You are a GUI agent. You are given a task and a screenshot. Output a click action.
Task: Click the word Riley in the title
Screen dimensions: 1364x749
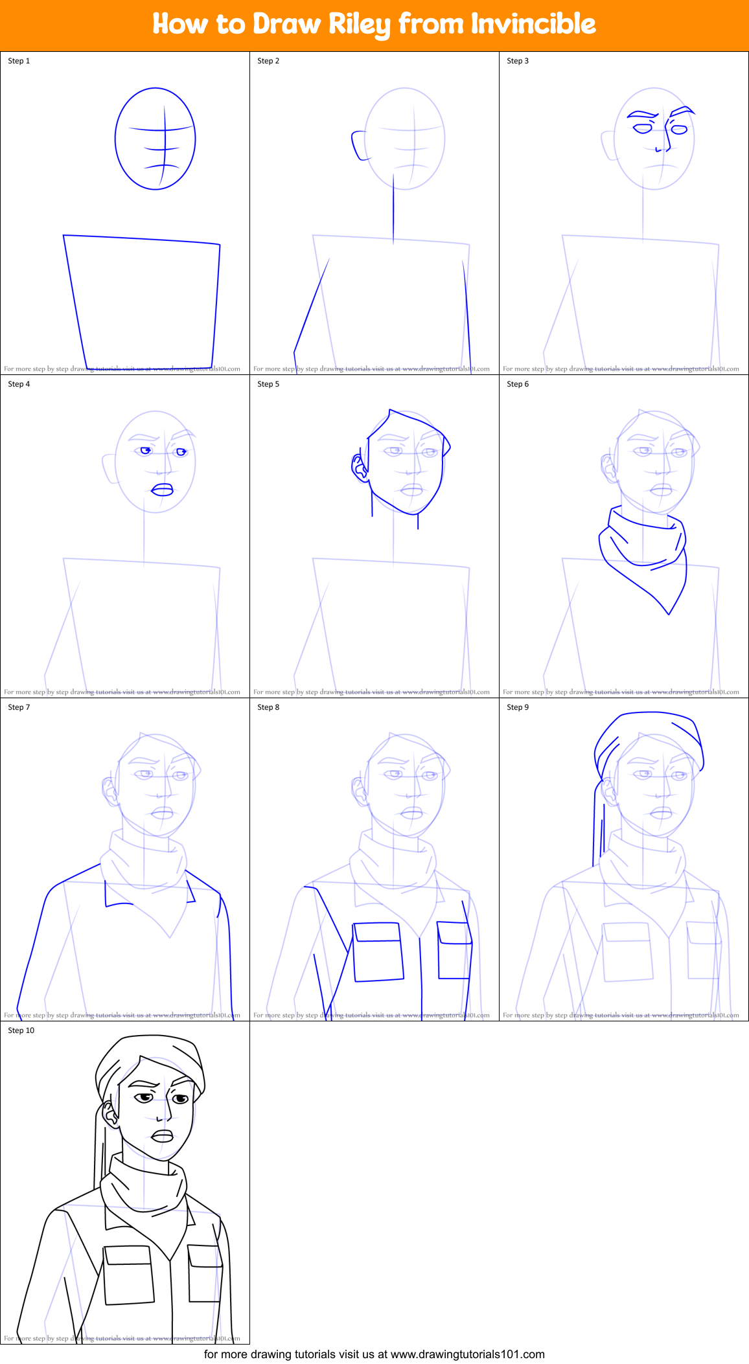pyautogui.click(x=359, y=25)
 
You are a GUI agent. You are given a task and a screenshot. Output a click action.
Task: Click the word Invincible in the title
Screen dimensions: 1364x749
pyautogui.click(x=533, y=24)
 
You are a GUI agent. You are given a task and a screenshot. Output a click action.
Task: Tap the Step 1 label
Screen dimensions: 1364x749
pyautogui.click(x=19, y=61)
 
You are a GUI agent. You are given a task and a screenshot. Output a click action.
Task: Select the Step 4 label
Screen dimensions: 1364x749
pyautogui.click(x=19, y=384)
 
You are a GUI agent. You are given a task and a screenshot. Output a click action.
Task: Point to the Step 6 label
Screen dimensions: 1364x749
pyautogui.click(x=518, y=384)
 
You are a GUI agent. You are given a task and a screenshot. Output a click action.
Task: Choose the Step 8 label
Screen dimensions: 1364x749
pyautogui.click(x=268, y=707)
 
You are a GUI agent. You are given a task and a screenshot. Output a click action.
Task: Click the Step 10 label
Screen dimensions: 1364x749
pyautogui.click(x=21, y=1030)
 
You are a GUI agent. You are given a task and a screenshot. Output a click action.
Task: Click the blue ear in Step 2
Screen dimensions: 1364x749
pyautogui.click(x=358, y=146)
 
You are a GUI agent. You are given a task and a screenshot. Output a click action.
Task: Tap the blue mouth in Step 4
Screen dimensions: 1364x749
pyautogui.click(x=162, y=490)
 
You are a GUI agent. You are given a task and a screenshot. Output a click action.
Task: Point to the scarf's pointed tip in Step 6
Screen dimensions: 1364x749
pyautogui.click(x=669, y=612)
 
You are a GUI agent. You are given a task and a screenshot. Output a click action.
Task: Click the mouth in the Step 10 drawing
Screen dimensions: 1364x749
pyautogui.click(x=162, y=1137)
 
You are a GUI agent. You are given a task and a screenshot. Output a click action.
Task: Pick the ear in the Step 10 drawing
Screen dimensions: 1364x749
pyautogui.click(x=109, y=1113)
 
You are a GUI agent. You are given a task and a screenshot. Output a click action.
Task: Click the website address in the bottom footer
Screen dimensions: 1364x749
pyautogui.click(x=467, y=1354)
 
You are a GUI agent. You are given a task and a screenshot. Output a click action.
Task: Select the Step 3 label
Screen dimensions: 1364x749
pyautogui.click(x=518, y=61)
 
